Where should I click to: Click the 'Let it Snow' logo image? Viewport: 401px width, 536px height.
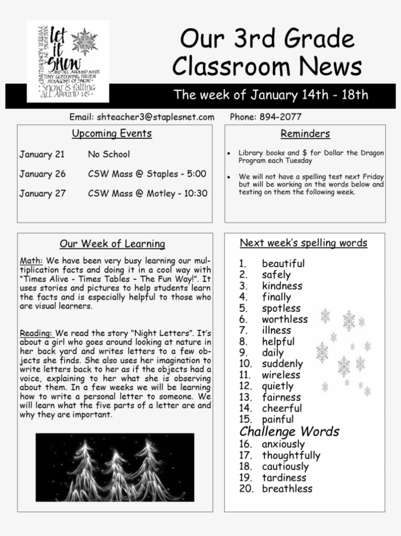point(67,61)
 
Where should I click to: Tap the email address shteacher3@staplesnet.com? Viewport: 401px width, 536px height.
point(156,117)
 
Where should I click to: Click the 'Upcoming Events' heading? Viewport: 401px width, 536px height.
point(112,133)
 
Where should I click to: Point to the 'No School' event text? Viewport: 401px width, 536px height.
point(109,154)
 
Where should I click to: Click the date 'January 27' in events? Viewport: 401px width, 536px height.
point(43,193)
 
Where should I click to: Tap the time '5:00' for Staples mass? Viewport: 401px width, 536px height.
point(197,174)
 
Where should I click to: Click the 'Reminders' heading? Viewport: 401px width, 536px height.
point(305,133)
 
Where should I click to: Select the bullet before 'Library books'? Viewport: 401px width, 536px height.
point(229,153)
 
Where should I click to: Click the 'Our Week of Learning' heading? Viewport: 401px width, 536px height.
point(112,243)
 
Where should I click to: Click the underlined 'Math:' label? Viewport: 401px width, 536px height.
point(31,260)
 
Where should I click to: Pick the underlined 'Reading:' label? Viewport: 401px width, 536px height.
point(37,333)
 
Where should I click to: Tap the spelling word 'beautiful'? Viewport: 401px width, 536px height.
point(283,264)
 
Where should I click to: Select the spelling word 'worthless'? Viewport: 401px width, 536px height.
point(285,320)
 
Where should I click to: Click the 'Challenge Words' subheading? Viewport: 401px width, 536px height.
point(289,431)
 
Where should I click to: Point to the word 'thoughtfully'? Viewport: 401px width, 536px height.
point(291,455)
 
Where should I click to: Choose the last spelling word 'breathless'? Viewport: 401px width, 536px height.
point(287,489)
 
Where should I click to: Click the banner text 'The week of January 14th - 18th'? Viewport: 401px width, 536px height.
point(271,95)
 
